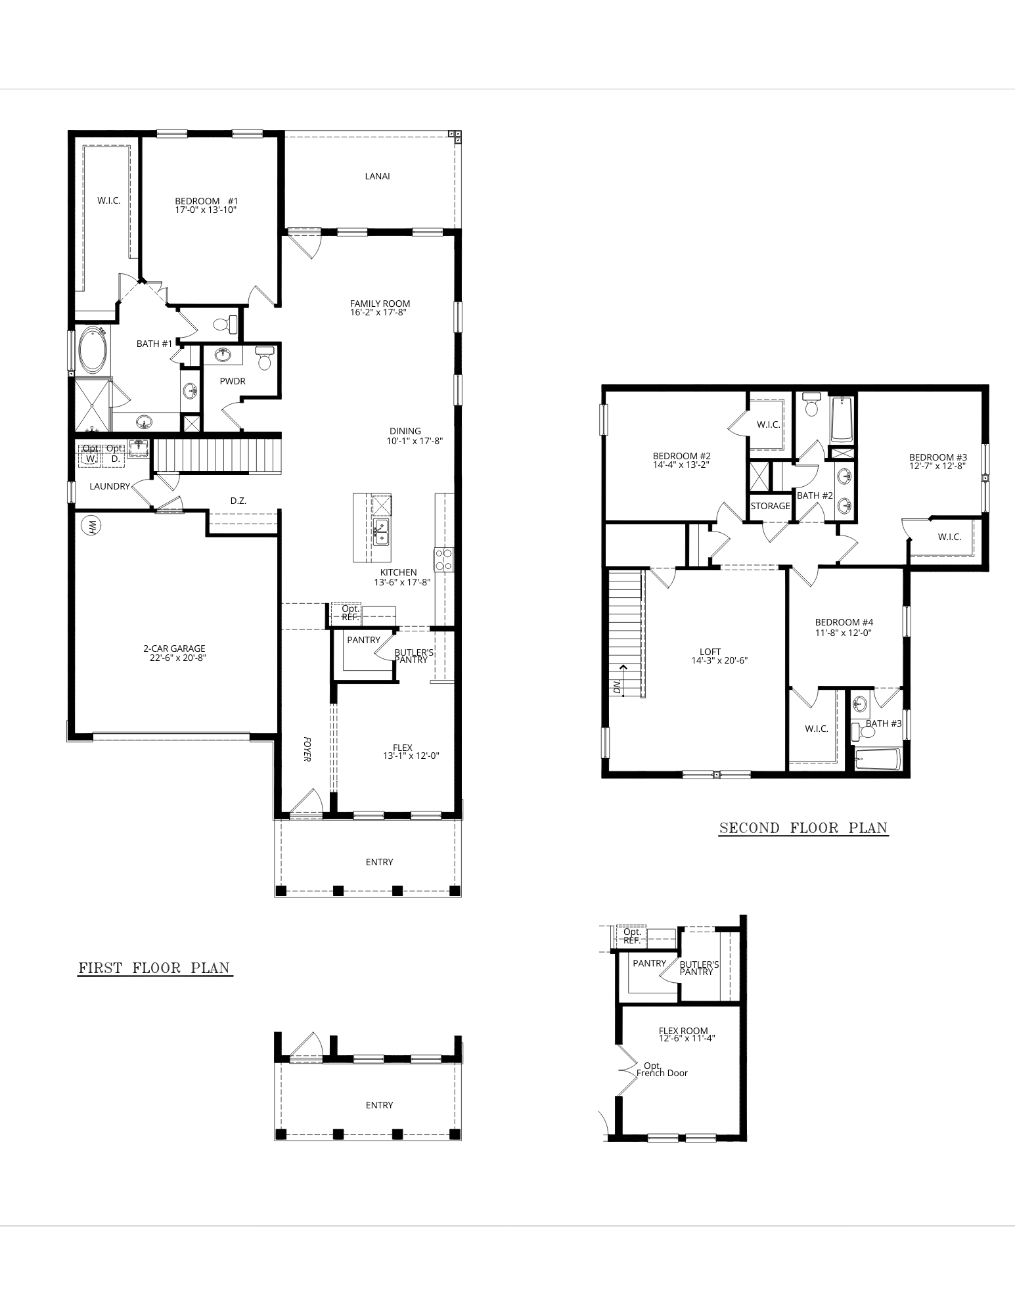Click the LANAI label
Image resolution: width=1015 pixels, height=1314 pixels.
coord(377,176)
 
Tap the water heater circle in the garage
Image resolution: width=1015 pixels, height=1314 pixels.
coord(90,526)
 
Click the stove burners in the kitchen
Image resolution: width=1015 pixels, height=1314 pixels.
coord(442,559)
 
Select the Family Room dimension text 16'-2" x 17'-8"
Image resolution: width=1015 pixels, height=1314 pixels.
coord(380,313)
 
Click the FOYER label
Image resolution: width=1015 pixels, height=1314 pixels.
coord(307,749)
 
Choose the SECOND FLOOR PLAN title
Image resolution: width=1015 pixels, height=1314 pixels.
coord(803,828)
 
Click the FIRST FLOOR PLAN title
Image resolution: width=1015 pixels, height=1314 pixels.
coord(154,968)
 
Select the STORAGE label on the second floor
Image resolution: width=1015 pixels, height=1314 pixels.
coord(771,506)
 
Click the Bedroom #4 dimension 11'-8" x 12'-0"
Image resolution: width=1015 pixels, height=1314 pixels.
coord(844,633)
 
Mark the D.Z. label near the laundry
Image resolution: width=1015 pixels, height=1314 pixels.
coord(238,501)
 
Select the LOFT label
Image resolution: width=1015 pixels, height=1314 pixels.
coord(710,652)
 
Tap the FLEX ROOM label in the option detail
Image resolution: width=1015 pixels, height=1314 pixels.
coord(684,1031)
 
